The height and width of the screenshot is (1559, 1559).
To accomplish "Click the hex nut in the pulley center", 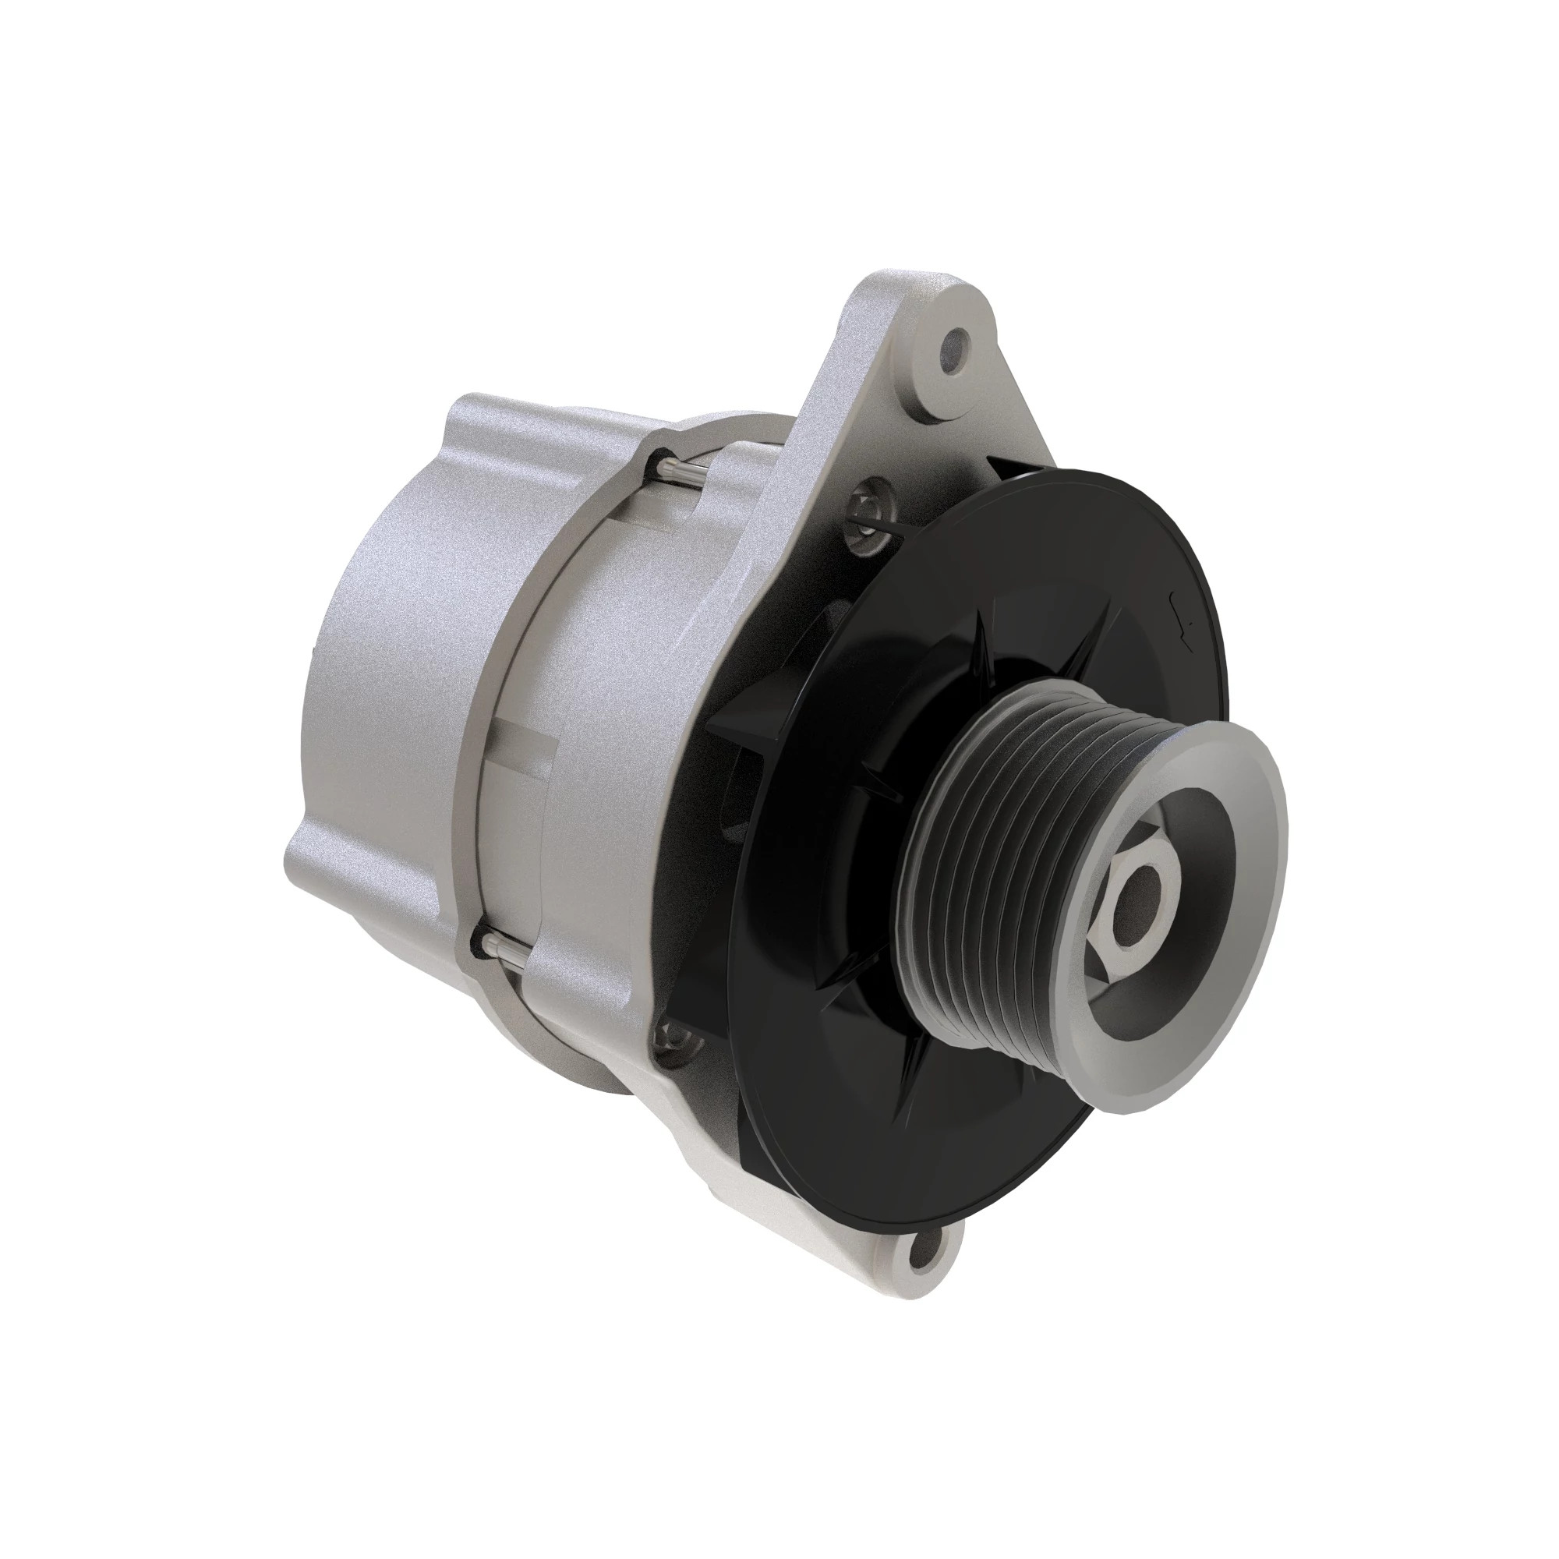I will pos(1137,900).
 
